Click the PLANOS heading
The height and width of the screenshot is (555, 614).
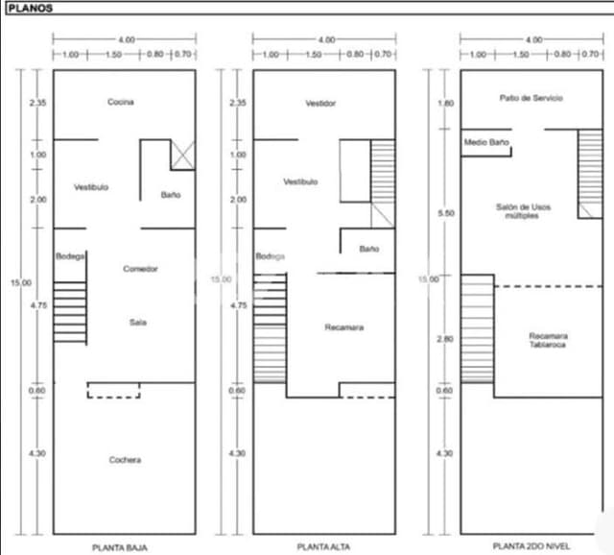pos(30,9)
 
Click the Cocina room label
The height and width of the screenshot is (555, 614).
pos(121,102)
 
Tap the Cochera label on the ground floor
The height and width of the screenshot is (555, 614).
pos(125,460)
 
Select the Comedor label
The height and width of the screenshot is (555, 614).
pos(140,269)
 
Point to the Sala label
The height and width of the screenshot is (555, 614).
pos(137,323)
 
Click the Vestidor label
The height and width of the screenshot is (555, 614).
pos(320,103)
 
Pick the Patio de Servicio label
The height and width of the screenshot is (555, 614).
pos(531,98)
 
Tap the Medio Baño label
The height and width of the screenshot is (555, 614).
pos(485,142)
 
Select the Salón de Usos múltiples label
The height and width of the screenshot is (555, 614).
pos(523,211)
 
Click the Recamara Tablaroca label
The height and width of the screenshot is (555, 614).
pos(547,340)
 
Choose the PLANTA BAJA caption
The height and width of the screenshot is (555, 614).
pos(120,546)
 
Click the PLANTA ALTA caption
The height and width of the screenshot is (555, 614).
pos(323,546)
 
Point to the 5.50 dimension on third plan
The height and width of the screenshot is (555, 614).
pos(445,213)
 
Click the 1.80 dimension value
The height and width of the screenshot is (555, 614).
pos(445,103)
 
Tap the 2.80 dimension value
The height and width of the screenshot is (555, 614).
pos(445,339)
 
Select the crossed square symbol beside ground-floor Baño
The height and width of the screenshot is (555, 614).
pos(182,155)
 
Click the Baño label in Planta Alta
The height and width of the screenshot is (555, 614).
pos(369,249)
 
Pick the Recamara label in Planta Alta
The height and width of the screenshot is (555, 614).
pos(343,327)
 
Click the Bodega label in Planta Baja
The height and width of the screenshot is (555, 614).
pos(70,255)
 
